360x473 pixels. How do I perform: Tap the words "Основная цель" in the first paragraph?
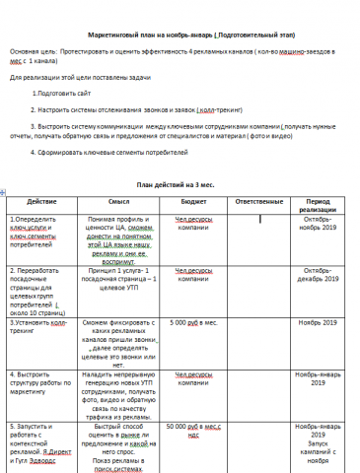[33, 49]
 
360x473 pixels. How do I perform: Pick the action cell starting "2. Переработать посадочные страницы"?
[39, 285]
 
